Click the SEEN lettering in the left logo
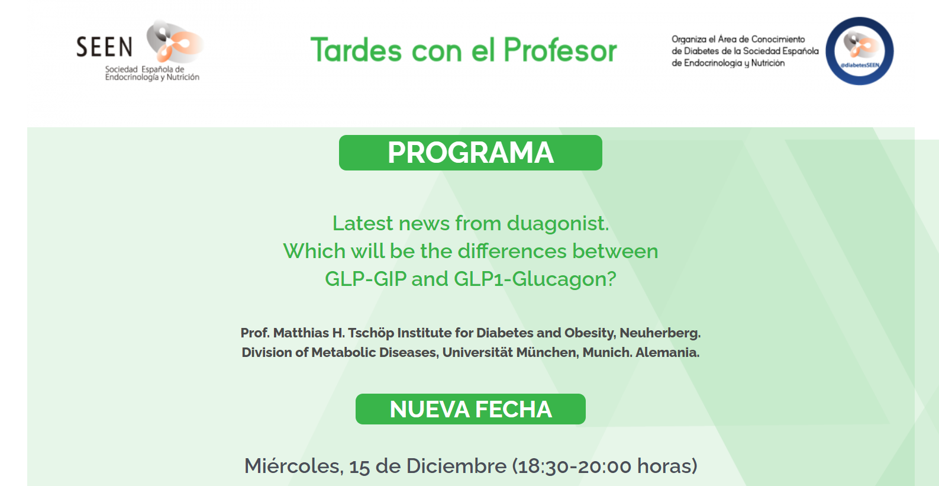[104, 47]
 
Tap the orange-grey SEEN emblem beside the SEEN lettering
[175, 41]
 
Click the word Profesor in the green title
[560, 50]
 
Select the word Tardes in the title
[356, 50]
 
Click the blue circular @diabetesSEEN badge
[859, 51]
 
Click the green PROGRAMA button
[470, 153]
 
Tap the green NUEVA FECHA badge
[470, 409]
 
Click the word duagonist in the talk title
[558, 224]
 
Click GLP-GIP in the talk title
[366, 279]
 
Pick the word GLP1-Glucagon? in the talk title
[535, 279]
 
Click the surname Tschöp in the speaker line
[371, 333]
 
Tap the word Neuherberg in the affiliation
[660, 333]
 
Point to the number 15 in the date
[359, 466]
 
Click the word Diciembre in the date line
[456, 466]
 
